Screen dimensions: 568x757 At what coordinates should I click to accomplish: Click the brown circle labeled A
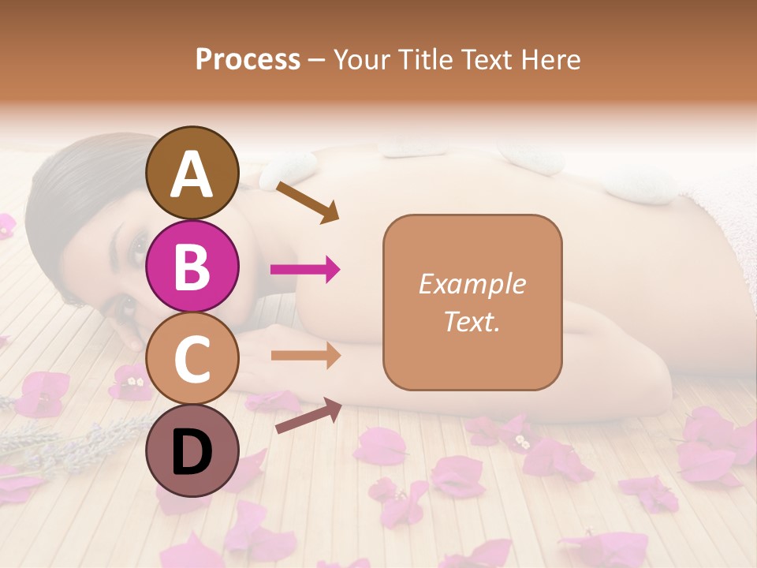[x=192, y=173]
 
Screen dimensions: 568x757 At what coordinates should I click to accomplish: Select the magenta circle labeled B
[x=192, y=266]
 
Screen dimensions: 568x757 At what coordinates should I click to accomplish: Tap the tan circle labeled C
[x=192, y=358]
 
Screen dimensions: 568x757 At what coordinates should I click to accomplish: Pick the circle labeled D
[x=192, y=450]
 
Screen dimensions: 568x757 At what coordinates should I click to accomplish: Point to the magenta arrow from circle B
[x=305, y=270]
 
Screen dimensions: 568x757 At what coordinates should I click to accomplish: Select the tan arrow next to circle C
[x=305, y=356]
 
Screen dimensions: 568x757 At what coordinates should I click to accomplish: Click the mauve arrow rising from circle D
[x=308, y=416]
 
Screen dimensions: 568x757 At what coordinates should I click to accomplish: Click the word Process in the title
[x=248, y=59]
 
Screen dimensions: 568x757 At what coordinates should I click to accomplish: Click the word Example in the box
[x=472, y=284]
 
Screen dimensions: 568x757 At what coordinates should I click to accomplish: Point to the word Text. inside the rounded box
[x=472, y=322]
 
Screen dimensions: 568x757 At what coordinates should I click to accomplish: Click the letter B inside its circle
[x=192, y=267]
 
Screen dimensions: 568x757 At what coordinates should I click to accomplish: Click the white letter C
[x=192, y=359]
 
